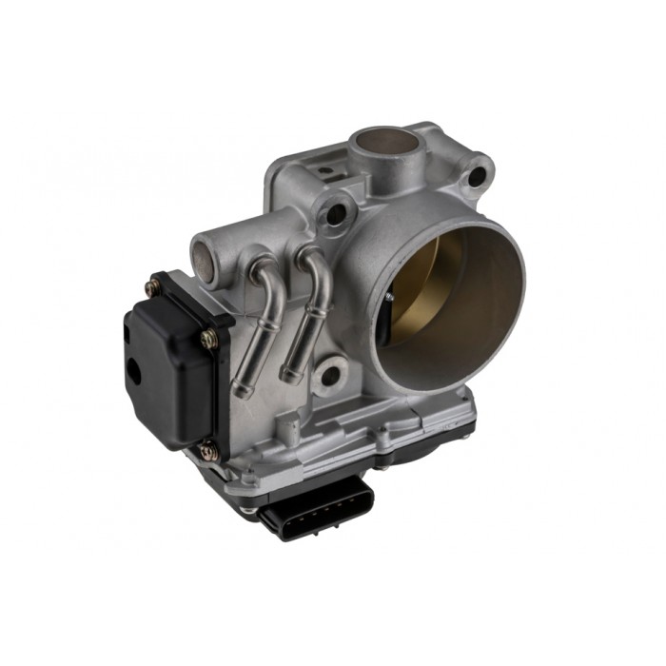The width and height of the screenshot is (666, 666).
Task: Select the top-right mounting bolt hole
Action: coord(475,176)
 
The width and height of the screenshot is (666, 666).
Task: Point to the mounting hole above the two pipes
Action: coord(335,214)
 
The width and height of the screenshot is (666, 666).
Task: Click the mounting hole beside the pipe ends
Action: coord(327,375)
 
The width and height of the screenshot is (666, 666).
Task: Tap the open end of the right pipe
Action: coord(287,378)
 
